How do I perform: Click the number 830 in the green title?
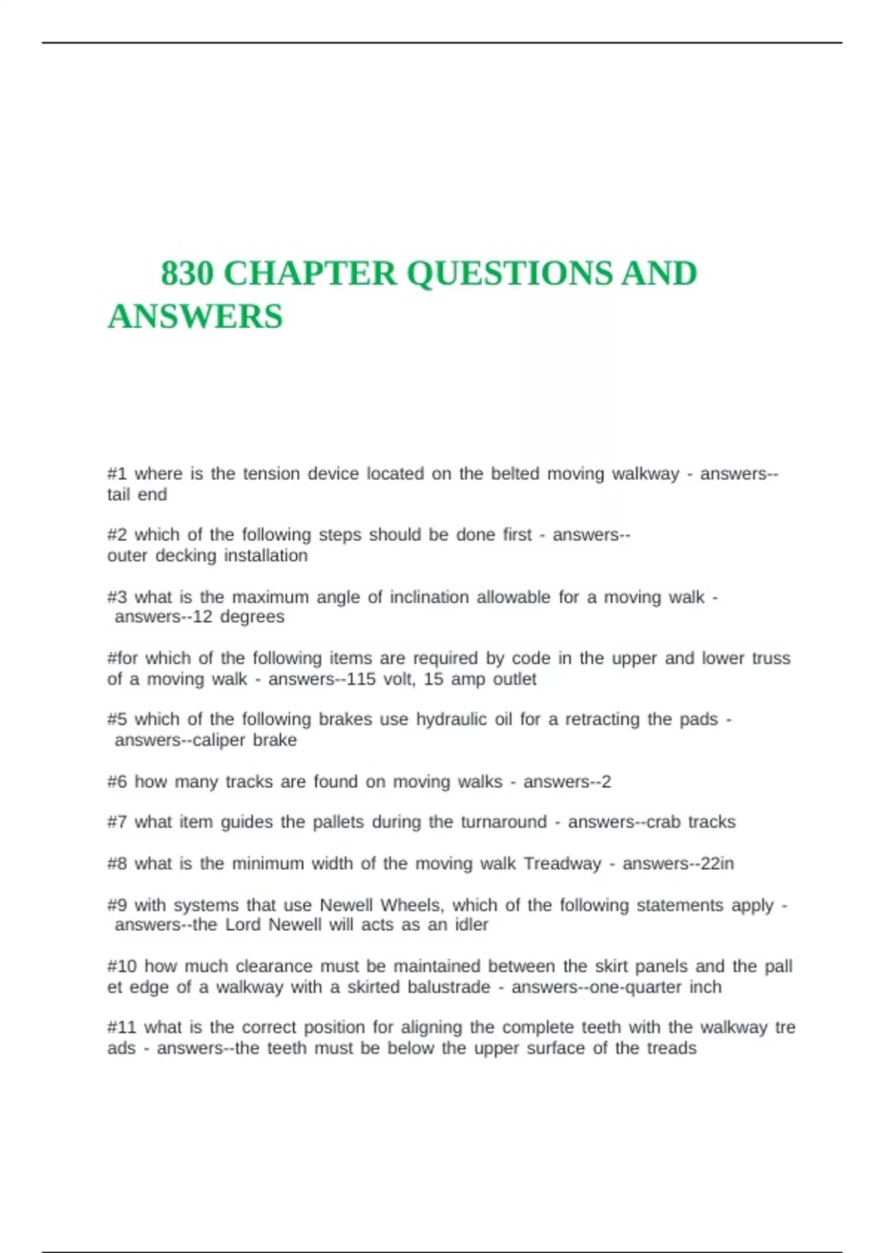coord(187,274)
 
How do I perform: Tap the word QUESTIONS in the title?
coord(509,274)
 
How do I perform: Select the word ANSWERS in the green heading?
coord(195,317)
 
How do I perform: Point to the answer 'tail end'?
coord(137,495)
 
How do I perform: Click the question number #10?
coord(121,966)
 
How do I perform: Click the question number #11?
coord(121,1027)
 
